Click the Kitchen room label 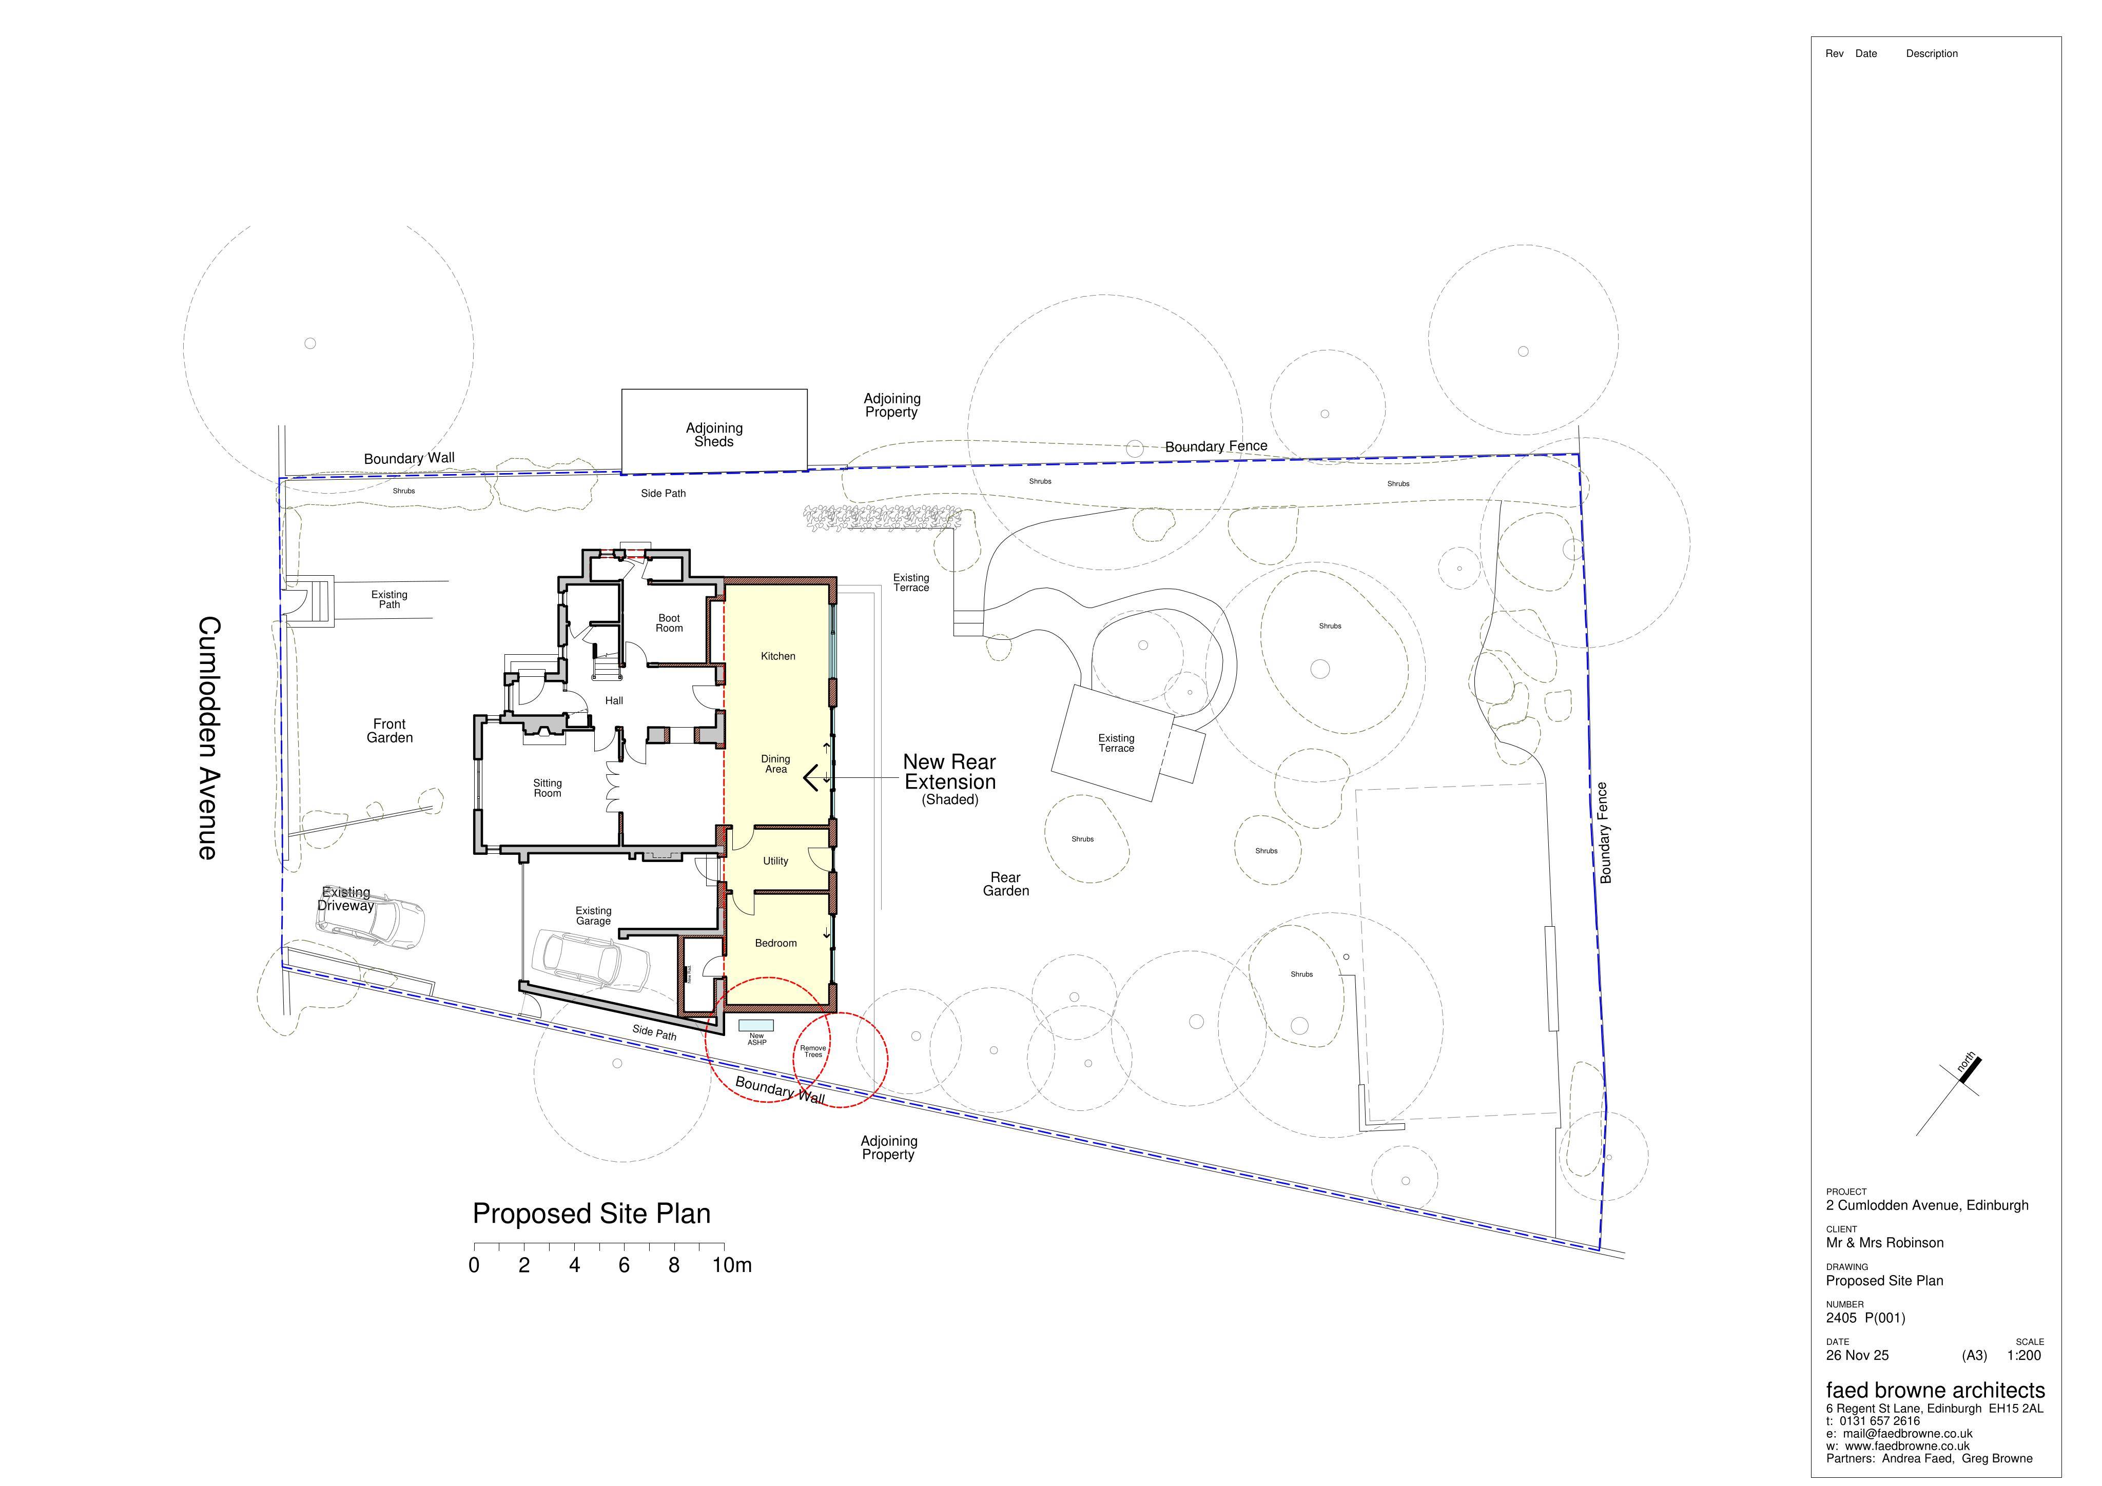778,656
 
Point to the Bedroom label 775,943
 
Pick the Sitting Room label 548,788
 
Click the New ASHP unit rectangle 756,1025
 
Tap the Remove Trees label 813,1051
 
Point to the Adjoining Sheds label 714,435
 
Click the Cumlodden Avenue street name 208,738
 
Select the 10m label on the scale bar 732,1265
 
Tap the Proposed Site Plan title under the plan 591,1214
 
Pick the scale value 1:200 2024,1356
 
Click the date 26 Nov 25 1857,1356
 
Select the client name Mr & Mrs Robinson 1884,1243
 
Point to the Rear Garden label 1006,885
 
